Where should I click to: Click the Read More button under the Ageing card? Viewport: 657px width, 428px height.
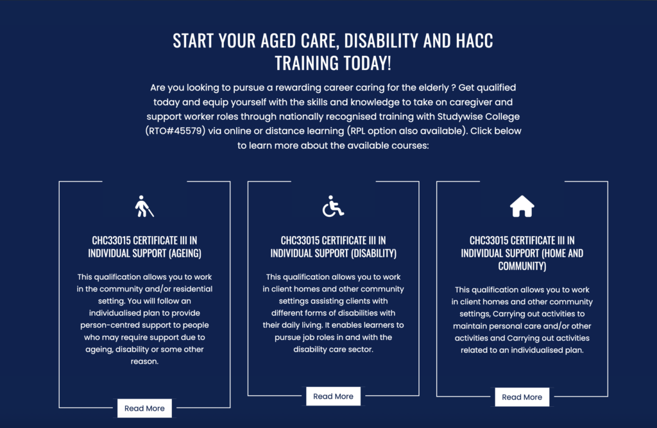144,408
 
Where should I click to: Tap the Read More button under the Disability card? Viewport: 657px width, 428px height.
333,396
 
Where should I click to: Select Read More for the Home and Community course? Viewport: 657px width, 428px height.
522,397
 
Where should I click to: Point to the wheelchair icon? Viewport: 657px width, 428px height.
333,206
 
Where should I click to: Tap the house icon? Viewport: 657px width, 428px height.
522,206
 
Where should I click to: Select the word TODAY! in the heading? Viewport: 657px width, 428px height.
364,64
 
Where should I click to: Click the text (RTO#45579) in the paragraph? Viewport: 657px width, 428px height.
176,131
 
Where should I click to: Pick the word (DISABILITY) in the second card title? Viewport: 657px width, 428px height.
373,253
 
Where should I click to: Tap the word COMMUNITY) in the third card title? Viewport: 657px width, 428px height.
522,266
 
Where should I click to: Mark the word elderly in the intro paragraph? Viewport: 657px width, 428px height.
434,88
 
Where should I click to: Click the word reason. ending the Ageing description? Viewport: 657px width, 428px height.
144,361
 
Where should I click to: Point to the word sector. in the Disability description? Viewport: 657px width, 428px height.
361,349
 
